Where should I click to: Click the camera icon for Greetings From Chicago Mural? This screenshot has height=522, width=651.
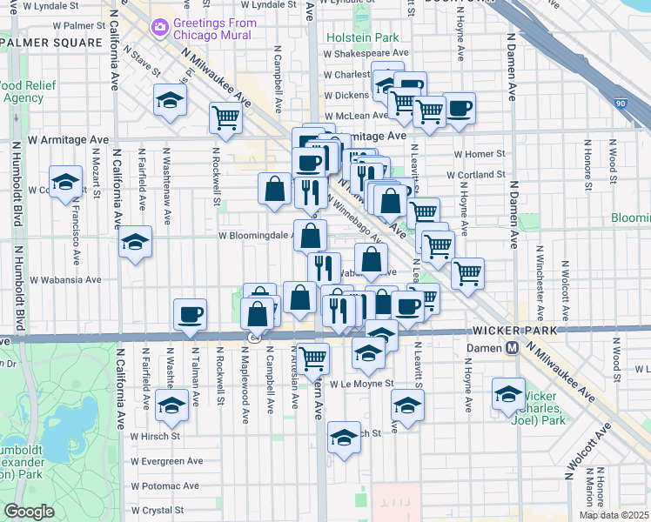click(159, 29)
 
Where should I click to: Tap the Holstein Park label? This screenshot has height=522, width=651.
click(362, 37)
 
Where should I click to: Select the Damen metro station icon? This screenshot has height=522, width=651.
click(513, 348)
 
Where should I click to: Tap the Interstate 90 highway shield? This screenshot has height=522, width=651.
click(643, 104)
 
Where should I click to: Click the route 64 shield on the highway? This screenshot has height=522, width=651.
click(253, 337)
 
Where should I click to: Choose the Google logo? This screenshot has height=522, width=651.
click(29, 512)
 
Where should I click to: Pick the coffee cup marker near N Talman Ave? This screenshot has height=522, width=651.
click(190, 314)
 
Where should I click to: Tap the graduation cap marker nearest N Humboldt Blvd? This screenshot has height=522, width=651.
click(64, 182)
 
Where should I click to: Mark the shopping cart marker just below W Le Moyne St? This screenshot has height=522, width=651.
click(312, 356)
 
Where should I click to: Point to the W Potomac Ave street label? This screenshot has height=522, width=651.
click(166, 485)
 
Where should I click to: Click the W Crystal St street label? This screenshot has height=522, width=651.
click(157, 511)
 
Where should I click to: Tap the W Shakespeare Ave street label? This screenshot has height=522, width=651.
click(366, 53)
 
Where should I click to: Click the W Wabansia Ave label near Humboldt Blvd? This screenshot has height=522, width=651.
click(66, 280)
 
